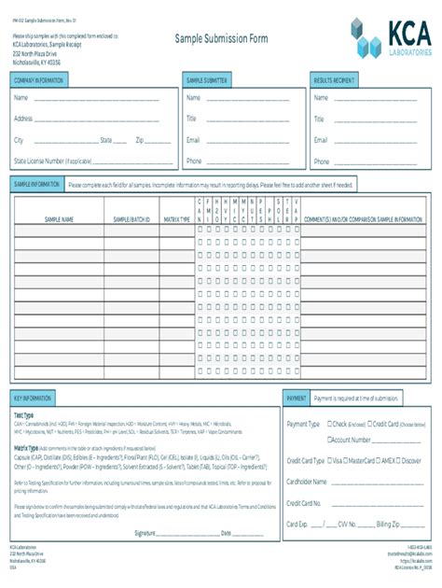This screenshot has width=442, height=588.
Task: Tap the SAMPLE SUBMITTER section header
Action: [x=207, y=81]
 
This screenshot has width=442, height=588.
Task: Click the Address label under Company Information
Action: [x=23, y=119]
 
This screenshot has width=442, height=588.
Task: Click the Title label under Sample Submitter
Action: [x=191, y=119]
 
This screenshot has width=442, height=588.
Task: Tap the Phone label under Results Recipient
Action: [x=321, y=161]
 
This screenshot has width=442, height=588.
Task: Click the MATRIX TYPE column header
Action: [x=176, y=219]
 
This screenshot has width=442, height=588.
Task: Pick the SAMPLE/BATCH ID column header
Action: [x=131, y=219]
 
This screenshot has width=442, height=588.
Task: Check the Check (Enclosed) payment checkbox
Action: [x=327, y=424]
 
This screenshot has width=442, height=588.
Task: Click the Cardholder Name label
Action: [x=307, y=482]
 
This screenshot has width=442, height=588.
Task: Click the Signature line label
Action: [x=145, y=533]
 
